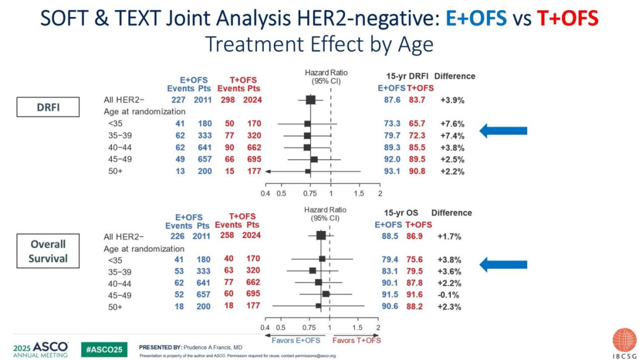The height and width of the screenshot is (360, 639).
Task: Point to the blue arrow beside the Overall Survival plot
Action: tap(502, 265)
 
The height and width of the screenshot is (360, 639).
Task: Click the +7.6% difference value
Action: tap(452, 124)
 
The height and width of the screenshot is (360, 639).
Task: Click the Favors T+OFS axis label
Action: tap(356, 340)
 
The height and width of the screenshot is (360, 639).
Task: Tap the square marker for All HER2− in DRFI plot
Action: tap(310, 100)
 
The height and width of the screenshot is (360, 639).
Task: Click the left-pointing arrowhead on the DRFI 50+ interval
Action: tap(268, 171)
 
